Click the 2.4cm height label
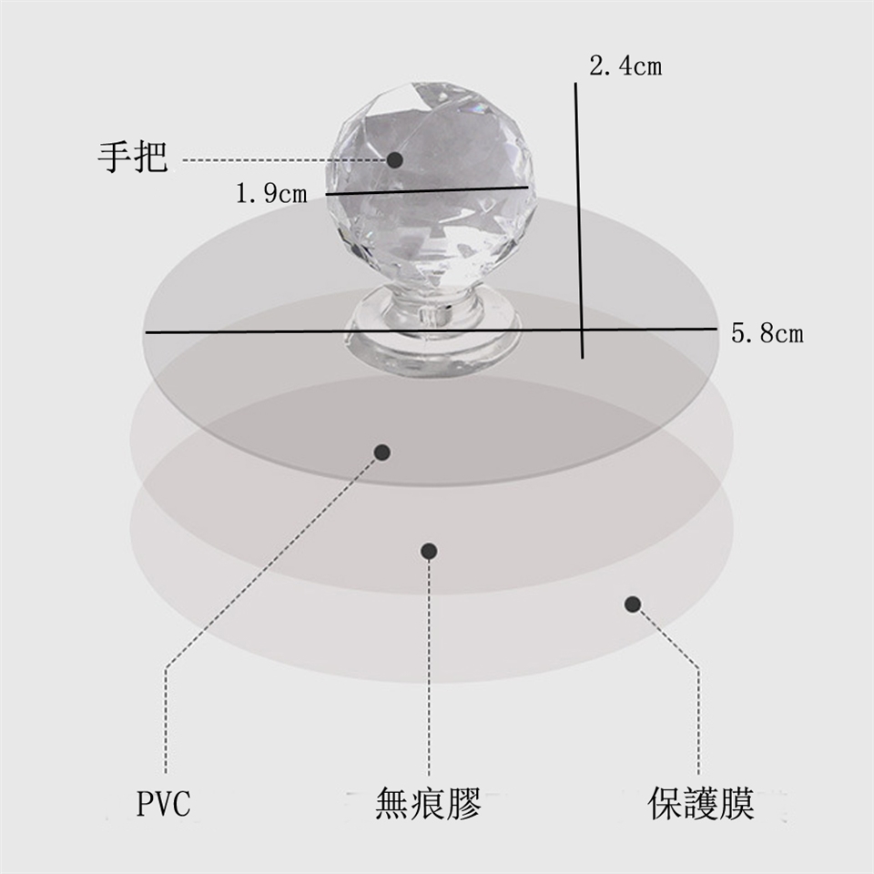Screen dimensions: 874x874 click(x=625, y=66)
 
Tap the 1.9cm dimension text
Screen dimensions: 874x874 click(x=271, y=193)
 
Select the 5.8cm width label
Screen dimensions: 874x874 click(x=767, y=334)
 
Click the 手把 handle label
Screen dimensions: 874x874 click(x=133, y=158)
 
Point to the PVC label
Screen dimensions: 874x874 click(x=163, y=803)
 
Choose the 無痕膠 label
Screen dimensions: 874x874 click(x=428, y=803)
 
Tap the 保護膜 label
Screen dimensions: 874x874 click(x=701, y=803)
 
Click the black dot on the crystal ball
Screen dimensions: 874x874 click(x=394, y=160)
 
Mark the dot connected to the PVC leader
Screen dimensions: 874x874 click(x=381, y=452)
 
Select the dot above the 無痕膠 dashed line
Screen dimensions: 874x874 click(x=429, y=552)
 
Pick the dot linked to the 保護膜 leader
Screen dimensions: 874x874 click(x=632, y=605)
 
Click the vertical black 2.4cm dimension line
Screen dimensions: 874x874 click(x=579, y=220)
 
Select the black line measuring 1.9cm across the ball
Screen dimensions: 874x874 click(x=427, y=190)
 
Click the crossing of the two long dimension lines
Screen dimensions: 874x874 click(x=582, y=330)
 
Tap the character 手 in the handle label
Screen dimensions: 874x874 click(x=115, y=158)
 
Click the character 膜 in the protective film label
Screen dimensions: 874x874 click(x=737, y=803)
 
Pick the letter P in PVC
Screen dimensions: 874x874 click(x=145, y=803)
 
